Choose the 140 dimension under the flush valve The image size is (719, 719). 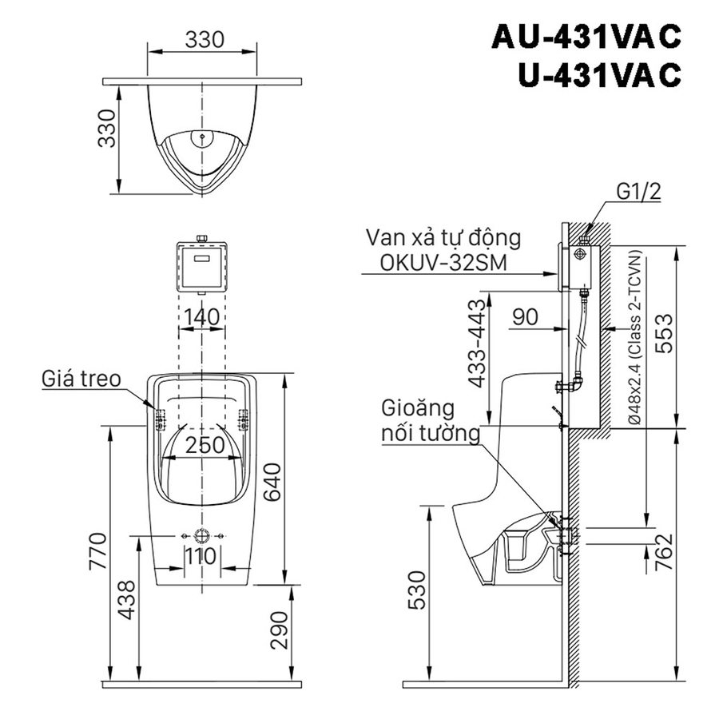pos(200,317)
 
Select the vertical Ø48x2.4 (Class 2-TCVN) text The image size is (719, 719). pos(634,336)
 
